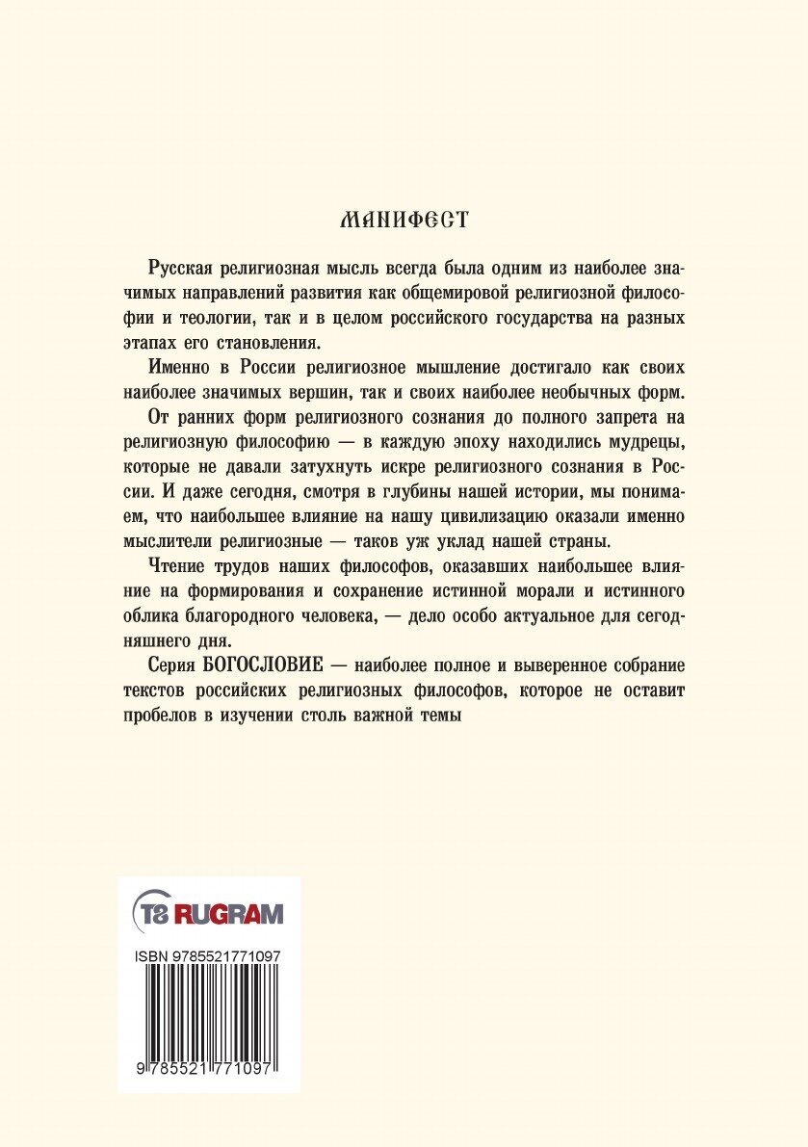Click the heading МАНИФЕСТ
coord(404,220)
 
